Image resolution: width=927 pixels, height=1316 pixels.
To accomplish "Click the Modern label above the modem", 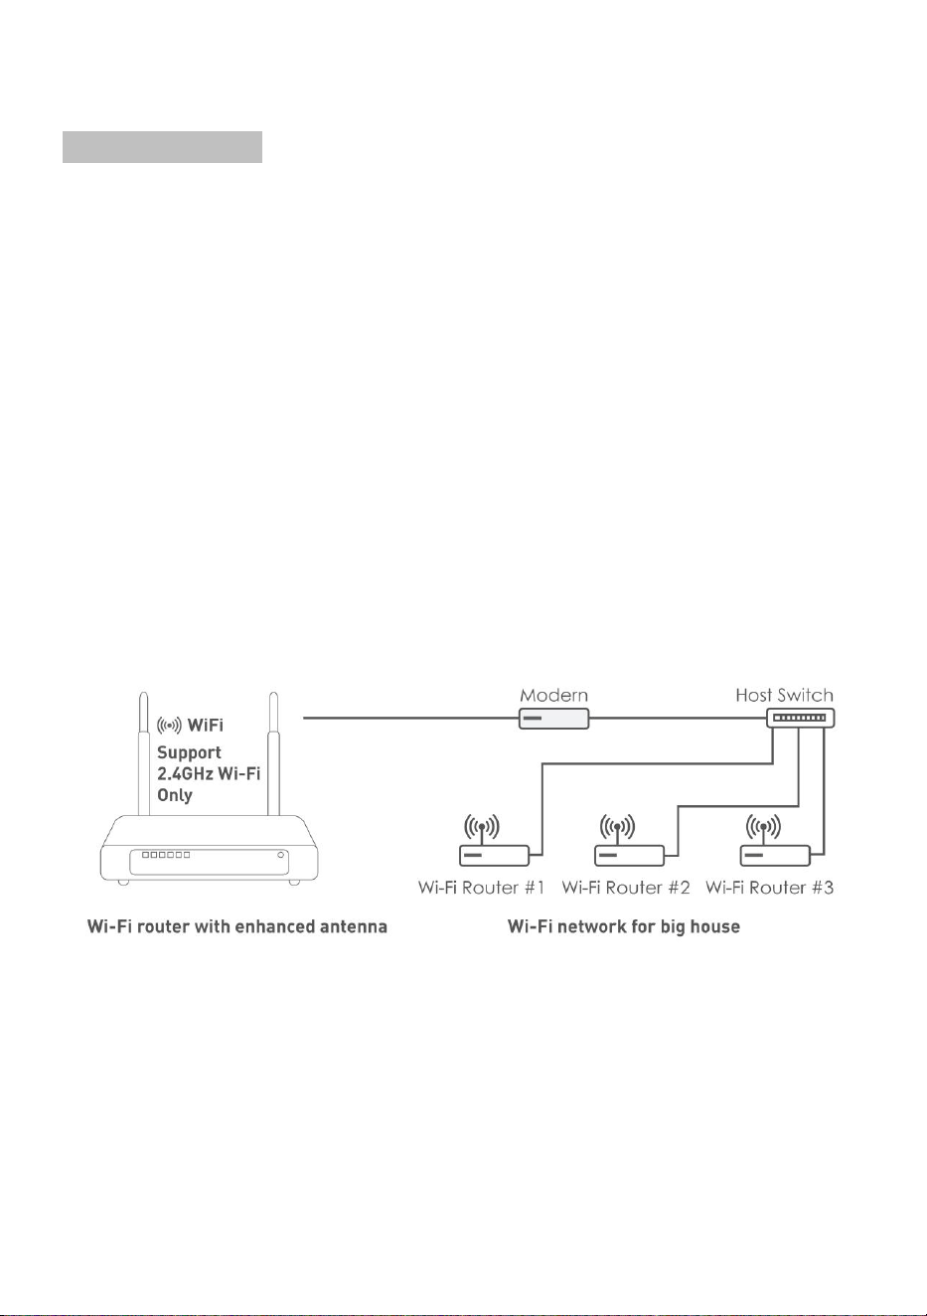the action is click(553, 696).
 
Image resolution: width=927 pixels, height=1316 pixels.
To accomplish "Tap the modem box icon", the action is click(553, 719).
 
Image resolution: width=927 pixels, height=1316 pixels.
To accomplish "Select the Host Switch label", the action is click(784, 696).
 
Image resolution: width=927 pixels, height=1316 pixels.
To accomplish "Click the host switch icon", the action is click(801, 718).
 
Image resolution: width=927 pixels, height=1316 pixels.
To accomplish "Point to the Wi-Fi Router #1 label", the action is click(481, 888).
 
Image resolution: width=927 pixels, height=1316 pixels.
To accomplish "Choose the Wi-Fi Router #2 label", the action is click(626, 888).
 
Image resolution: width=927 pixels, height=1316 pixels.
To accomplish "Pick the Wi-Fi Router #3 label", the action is click(769, 888).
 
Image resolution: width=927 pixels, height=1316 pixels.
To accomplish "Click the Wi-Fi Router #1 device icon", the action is click(494, 856).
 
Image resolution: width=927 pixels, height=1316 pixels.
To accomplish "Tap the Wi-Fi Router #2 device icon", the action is click(629, 856).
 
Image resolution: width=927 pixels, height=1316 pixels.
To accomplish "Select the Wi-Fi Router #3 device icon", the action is click(775, 856).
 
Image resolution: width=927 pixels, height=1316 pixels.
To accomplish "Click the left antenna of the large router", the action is click(143, 753).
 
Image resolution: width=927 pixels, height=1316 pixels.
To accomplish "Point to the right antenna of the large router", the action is click(273, 753).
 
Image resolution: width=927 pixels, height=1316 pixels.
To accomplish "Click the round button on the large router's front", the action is click(281, 855).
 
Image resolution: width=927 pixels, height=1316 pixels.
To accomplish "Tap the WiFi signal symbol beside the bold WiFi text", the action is click(169, 726).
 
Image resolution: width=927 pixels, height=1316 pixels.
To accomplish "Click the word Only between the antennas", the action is click(175, 795).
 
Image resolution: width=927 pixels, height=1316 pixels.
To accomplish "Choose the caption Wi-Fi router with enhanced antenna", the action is click(236, 926).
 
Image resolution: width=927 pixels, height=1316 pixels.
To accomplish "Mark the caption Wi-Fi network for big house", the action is click(623, 927).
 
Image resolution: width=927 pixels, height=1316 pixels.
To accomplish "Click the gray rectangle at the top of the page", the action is click(162, 147).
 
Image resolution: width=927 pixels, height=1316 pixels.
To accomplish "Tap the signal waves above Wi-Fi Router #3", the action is click(763, 826).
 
